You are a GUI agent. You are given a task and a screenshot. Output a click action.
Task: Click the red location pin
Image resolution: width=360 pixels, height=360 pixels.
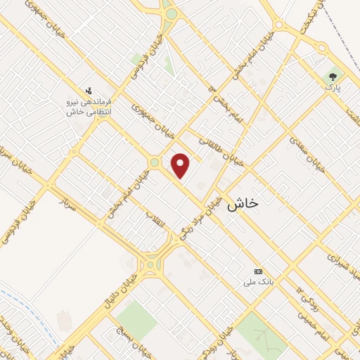[181, 166]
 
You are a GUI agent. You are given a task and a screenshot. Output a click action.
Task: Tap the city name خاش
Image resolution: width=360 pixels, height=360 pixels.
[243, 202]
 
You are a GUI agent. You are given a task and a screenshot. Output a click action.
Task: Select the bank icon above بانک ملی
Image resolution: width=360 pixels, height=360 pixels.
[258, 271]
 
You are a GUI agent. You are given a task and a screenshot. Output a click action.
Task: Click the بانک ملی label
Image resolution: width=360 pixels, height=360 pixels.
[257, 282]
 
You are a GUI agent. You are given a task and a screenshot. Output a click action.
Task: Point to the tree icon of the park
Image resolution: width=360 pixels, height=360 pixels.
[332, 76]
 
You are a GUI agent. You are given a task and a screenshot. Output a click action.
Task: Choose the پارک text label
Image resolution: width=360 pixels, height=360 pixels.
[332, 88]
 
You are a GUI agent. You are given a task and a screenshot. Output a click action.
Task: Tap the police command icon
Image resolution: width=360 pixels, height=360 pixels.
[89, 89]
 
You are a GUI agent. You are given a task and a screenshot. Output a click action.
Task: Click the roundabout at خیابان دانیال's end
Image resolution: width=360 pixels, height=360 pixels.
[150, 266]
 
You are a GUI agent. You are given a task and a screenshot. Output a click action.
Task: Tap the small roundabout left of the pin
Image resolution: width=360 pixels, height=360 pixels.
[154, 162]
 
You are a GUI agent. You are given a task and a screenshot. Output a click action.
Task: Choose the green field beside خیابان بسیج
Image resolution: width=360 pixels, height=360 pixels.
[137, 321]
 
